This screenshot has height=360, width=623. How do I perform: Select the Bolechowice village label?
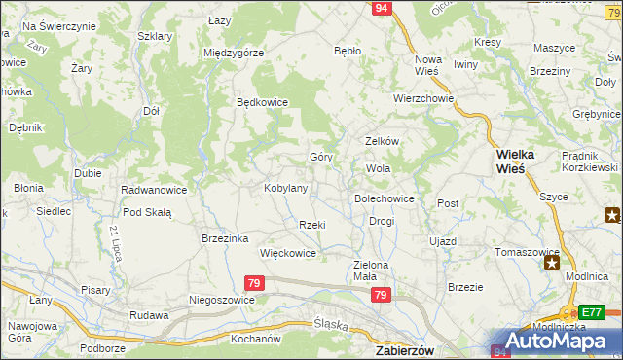click(385, 198)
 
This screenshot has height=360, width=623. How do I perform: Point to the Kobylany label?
click(286, 188)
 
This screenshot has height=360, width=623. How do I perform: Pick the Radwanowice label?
click(153, 190)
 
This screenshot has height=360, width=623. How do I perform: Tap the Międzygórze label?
click(234, 53)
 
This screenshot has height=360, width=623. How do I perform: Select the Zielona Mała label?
click(370, 270)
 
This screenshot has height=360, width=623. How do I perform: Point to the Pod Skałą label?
click(147, 212)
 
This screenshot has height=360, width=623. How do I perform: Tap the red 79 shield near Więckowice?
click(254, 283)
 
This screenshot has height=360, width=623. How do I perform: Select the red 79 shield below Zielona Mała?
click(382, 295)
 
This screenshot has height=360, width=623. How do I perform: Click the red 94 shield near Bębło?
click(382, 8)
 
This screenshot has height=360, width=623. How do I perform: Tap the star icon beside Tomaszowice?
click(553, 261)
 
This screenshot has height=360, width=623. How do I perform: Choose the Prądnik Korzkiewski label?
click(589, 162)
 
